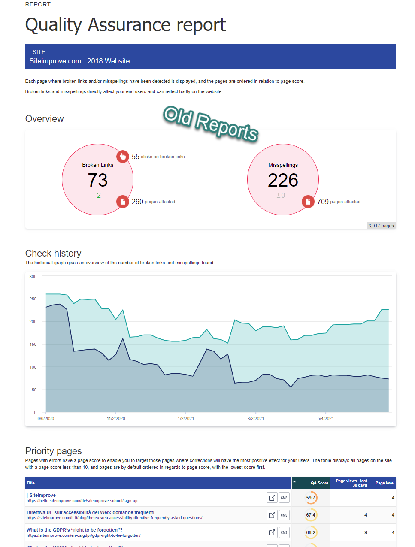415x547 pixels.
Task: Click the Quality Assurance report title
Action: [x=125, y=25]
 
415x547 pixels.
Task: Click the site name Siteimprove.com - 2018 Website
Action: [x=79, y=61]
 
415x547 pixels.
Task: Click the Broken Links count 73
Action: [x=98, y=180]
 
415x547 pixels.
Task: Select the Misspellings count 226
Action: [x=283, y=180]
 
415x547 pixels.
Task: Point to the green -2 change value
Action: [x=98, y=195]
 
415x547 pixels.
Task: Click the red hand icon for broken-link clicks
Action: [x=123, y=157]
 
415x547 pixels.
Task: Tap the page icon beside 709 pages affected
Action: [x=308, y=202]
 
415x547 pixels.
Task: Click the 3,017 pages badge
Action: [x=381, y=226]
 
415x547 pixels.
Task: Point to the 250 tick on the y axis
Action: [x=33, y=299]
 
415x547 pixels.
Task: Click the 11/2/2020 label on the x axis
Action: [x=116, y=418]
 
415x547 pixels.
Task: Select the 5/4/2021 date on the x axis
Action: [x=325, y=418]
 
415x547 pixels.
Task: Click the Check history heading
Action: [x=53, y=253]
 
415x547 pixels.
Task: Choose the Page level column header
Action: [x=385, y=483]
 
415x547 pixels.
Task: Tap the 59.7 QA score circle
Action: [x=311, y=498]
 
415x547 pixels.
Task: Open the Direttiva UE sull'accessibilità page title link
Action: [x=91, y=512]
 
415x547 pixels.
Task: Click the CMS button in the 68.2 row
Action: [x=284, y=532]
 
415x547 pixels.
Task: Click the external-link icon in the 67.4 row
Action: [x=272, y=515]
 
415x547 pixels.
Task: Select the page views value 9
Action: [x=365, y=532]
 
